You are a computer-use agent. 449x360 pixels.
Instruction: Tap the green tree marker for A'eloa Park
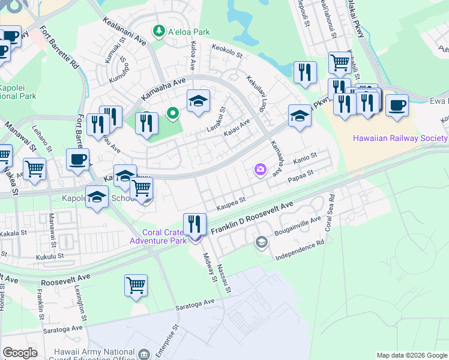(x=159, y=30)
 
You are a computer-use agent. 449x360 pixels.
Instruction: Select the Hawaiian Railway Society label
(x=400, y=138)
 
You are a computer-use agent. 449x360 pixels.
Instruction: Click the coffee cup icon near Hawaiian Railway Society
(x=397, y=106)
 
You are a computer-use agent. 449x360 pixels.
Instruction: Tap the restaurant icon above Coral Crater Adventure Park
(x=194, y=224)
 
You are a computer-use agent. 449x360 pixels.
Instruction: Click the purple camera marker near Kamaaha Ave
(x=260, y=170)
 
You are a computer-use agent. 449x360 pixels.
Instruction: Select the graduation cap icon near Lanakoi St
(x=197, y=101)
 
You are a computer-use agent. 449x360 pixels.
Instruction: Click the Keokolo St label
(x=226, y=52)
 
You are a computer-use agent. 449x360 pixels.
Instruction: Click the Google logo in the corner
(x=20, y=353)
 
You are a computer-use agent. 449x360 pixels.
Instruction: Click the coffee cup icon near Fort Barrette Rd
(x=77, y=160)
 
